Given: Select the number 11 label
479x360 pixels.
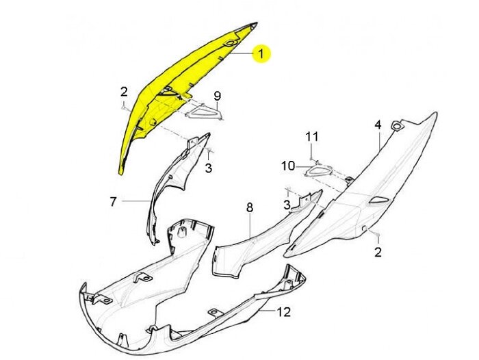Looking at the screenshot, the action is click(x=312, y=137).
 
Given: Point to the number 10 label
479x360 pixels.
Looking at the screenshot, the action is click(x=288, y=166).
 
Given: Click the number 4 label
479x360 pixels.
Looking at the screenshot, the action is click(x=377, y=125).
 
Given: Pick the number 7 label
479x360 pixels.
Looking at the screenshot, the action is click(x=114, y=201).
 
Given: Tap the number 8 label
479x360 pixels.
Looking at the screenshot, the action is click(x=249, y=207).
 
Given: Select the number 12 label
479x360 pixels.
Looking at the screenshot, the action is click(x=284, y=312).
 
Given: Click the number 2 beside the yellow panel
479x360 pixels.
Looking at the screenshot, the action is click(x=124, y=92).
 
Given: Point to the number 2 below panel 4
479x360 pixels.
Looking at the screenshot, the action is click(x=378, y=252).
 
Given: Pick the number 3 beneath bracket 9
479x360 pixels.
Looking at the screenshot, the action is click(x=209, y=168).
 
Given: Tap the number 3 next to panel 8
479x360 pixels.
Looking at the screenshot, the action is click(x=287, y=204).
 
